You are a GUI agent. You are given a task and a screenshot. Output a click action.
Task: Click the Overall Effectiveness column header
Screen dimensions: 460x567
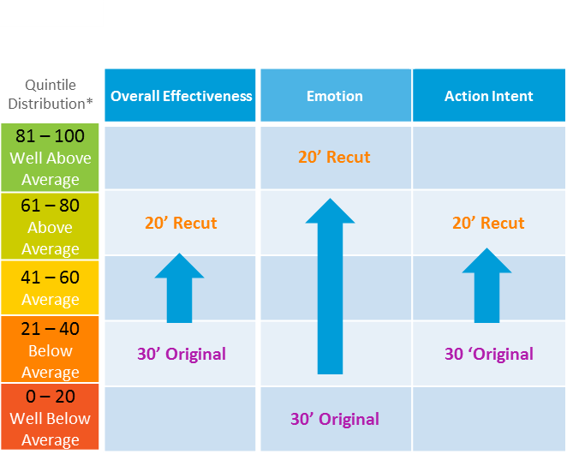click(181, 96)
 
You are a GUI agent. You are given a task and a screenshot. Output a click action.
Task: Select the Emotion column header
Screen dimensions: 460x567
click(335, 96)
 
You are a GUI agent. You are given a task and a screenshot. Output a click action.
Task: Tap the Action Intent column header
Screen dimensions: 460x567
click(488, 96)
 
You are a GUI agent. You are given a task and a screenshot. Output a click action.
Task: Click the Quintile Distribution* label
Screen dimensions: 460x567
click(51, 93)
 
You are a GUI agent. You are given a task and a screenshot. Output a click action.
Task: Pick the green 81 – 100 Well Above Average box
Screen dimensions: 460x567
click(51, 158)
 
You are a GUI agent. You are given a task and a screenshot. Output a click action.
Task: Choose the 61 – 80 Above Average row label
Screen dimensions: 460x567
click(51, 227)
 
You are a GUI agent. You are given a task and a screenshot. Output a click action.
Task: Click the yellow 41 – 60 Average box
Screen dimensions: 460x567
click(51, 288)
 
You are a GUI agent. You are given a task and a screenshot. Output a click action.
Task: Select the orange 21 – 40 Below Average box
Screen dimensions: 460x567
click(51, 350)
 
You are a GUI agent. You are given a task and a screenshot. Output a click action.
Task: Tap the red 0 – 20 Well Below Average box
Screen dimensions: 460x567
click(51, 418)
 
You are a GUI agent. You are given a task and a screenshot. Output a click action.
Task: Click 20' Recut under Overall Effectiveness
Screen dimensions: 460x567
click(181, 224)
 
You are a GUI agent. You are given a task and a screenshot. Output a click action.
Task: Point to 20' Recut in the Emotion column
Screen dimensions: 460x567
click(334, 158)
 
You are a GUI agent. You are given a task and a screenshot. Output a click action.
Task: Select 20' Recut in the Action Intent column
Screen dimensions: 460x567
click(488, 224)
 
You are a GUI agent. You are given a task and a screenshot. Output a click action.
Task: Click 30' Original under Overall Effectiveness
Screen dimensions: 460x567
click(182, 354)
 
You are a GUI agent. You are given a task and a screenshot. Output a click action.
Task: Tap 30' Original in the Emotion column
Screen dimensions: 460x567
click(334, 419)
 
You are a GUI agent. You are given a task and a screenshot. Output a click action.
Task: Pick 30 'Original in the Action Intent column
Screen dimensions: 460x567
click(488, 354)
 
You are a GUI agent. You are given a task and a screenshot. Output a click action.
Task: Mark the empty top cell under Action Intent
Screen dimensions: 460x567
click(488, 158)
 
